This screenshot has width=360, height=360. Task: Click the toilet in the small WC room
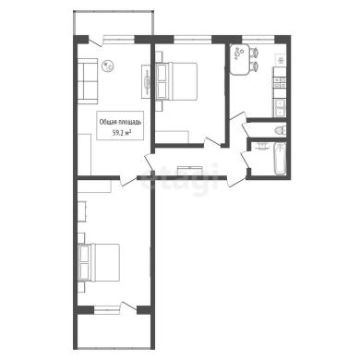pyautogui.click(x=280, y=130)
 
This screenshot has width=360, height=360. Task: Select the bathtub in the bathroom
pyautogui.click(x=281, y=159)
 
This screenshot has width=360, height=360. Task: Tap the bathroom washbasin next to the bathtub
pyautogui.click(x=263, y=145)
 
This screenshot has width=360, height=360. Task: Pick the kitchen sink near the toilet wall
pyautogui.click(x=280, y=108)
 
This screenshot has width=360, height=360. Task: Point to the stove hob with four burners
pyautogui.click(x=280, y=82)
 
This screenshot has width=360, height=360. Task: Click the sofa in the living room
pyautogui.click(x=88, y=81)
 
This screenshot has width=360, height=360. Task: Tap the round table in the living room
pyautogui.click(x=108, y=66)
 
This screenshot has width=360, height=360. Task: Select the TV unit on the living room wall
pyautogui.click(x=147, y=81)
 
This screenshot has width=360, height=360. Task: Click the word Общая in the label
pyautogui.click(x=107, y=122)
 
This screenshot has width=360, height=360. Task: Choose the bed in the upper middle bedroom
pyautogui.click(x=176, y=81)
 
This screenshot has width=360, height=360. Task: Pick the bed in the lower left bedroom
pyautogui.click(x=99, y=262)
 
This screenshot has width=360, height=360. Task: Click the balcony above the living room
pyautogui.click(x=114, y=23)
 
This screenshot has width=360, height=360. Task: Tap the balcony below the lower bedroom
pyautogui.click(x=114, y=331)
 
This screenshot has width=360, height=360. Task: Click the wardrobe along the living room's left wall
pyautogui.click(x=84, y=154)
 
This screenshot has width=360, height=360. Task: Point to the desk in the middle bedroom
pyautogui.click(x=172, y=137)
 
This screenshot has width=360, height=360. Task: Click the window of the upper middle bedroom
pyautogui.click(x=193, y=39)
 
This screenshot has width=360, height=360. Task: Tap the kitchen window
pyautogui.click(x=258, y=39)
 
